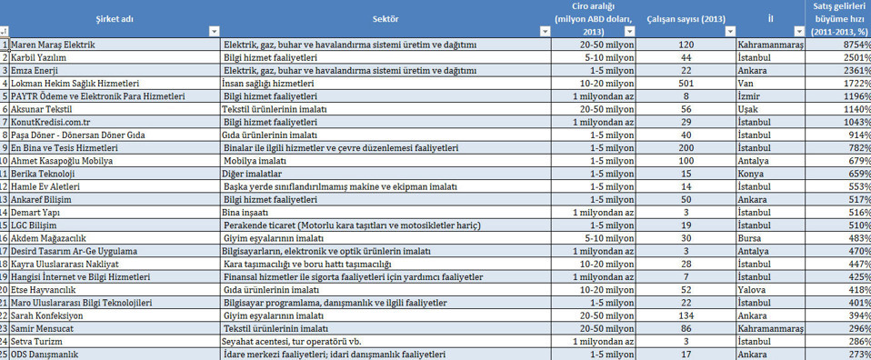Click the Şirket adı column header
pyautogui.click(x=114, y=18)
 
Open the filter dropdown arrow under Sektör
pyautogui.click(x=545, y=32)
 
